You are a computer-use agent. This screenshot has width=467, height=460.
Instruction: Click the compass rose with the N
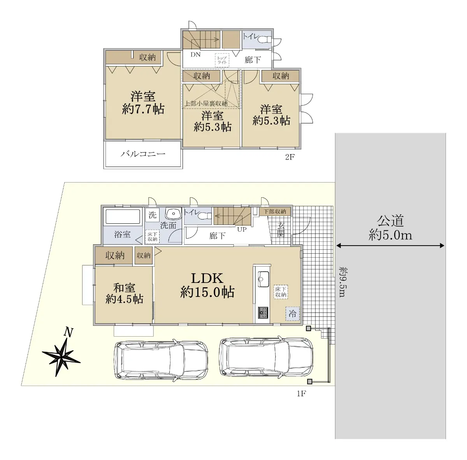61,356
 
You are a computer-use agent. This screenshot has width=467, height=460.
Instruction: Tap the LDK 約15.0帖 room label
207,285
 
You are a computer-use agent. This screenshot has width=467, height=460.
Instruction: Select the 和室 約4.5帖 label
124,293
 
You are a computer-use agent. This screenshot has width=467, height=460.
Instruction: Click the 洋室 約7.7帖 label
143,103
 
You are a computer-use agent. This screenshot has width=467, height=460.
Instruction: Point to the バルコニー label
143,154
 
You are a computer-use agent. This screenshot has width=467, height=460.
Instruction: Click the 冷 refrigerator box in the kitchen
293,314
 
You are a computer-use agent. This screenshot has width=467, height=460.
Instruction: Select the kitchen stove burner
263,313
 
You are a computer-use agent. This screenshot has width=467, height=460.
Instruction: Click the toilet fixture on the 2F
265,39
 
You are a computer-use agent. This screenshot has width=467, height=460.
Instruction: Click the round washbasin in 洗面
174,214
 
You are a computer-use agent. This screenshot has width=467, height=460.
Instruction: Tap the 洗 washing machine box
153,215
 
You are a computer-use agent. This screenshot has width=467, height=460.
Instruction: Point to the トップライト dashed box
222,60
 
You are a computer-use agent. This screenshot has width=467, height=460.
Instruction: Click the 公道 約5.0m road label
390,228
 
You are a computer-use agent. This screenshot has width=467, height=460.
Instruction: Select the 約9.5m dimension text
342,282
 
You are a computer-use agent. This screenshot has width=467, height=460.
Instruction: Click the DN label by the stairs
196,54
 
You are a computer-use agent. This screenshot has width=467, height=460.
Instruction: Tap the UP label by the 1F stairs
242,229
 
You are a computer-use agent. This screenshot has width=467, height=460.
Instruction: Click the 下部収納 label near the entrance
275,211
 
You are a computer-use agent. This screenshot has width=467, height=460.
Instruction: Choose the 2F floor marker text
290,157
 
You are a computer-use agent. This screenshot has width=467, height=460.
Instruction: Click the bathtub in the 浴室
123,216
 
